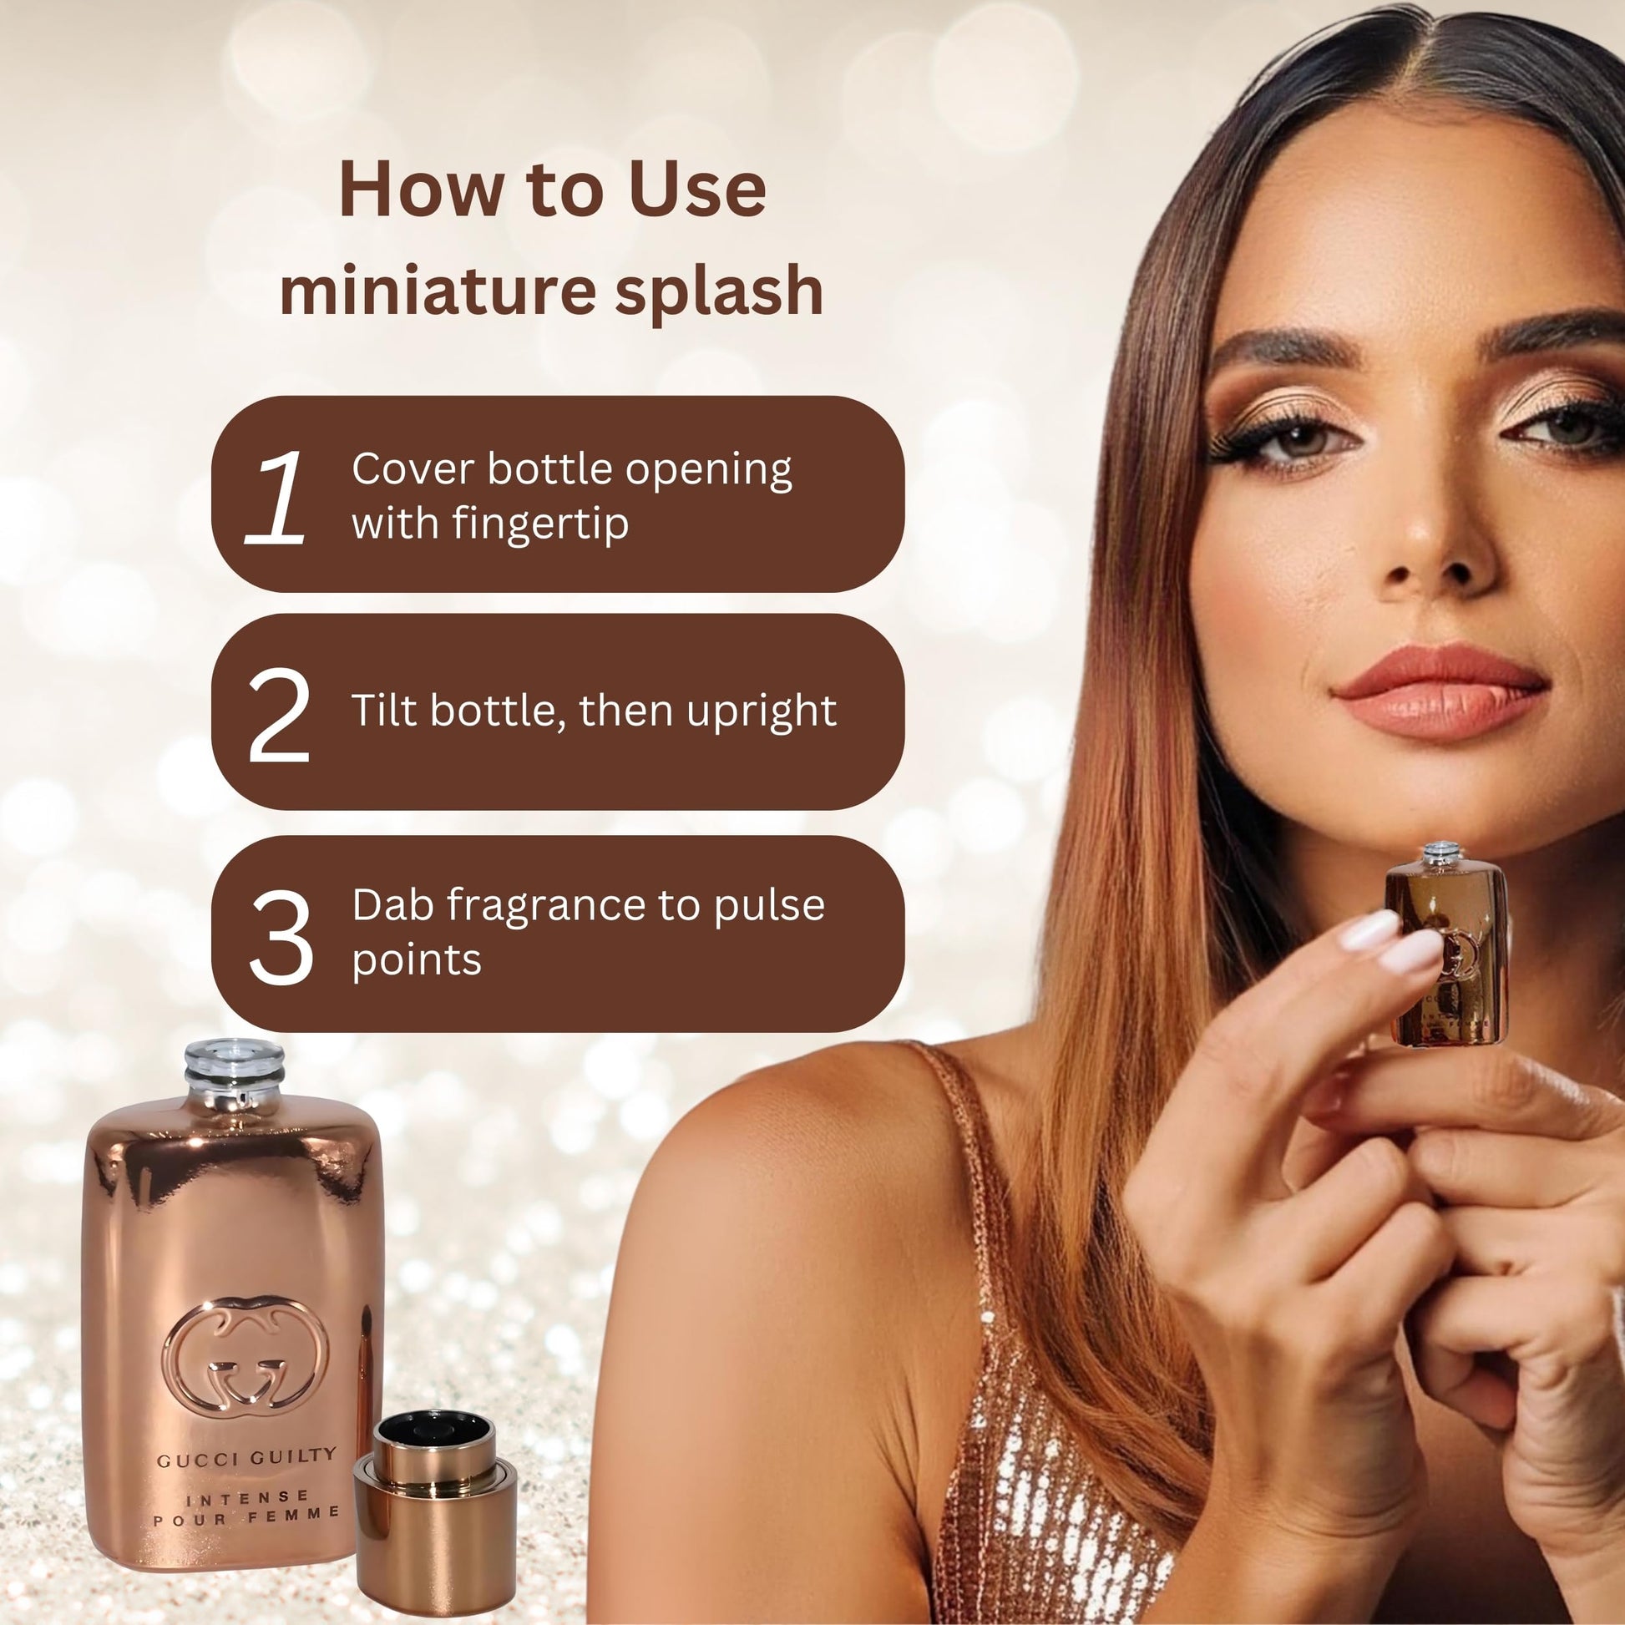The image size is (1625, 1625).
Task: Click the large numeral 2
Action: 279,715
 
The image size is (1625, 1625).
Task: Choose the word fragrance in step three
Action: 572,905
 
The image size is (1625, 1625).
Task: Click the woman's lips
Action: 1440,691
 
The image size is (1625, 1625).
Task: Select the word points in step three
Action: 417,960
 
